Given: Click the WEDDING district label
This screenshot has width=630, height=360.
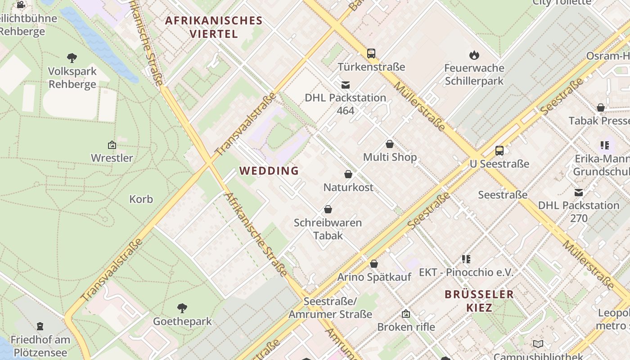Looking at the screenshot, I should click(269, 171).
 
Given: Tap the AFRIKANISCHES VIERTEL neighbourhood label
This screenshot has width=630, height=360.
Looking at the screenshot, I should click(214, 27).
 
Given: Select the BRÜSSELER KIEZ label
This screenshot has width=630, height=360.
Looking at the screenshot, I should click(479, 301).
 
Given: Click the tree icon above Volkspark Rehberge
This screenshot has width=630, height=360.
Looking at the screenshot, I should click(72, 58).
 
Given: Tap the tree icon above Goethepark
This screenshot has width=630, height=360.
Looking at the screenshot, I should click(182, 308).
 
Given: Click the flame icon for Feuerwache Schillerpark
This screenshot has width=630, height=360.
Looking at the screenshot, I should click(474, 55).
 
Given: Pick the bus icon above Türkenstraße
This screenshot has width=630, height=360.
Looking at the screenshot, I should click(371, 54).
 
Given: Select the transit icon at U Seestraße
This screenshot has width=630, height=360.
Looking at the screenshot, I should click(499, 151).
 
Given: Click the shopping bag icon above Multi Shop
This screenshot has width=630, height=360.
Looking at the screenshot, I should click(390, 144).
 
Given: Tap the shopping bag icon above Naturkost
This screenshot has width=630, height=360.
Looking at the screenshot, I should click(348, 174).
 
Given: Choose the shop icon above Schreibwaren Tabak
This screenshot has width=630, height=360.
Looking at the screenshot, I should click(328, 209).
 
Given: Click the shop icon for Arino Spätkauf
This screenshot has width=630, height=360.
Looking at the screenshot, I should click(374, 264).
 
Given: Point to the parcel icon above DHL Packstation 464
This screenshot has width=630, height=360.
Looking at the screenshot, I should click(346, 85).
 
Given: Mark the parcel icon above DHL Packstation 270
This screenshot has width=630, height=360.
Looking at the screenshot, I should click(579, 193).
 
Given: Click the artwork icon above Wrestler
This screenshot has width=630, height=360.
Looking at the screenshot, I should click(112, 145).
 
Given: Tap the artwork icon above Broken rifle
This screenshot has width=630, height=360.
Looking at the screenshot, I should click(406, 314).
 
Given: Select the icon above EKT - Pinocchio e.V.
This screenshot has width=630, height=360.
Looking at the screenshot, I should click(466, 259).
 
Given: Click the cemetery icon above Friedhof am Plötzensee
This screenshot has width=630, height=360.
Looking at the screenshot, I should click(40, 326).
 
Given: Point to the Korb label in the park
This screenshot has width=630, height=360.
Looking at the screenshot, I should click(141, 199).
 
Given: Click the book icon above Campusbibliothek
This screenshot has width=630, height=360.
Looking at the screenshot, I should click(538, 344).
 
